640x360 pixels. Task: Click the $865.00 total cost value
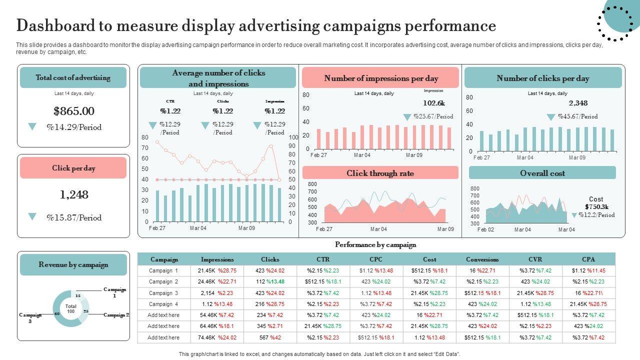tap(74, 111)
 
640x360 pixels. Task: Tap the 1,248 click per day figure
tap(74, 194)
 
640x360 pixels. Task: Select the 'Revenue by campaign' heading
tap(73, 264)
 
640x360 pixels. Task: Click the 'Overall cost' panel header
tap(542, 173)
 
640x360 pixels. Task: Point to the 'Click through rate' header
tap(380, 173)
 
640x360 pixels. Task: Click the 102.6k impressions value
tap(433, 103)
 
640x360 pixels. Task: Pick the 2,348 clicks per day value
tap(578, 103)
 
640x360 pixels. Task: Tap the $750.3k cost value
tap(596, 207)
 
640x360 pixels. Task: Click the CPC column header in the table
tap(376, 259)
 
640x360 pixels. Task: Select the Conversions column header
tap(482, 259)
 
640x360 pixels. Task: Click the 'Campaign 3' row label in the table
tap(163, 293)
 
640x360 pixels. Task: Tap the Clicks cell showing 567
tap(264, 337)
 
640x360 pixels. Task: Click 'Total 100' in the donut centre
tap(71, 308)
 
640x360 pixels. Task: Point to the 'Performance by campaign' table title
tap(375, 244)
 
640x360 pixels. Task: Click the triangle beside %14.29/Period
tap(32, 127)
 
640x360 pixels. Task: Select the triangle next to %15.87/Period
tap(32, 217)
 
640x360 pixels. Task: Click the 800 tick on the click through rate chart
tap(312, 184)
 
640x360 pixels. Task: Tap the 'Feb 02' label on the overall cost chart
tap(485, 229)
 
